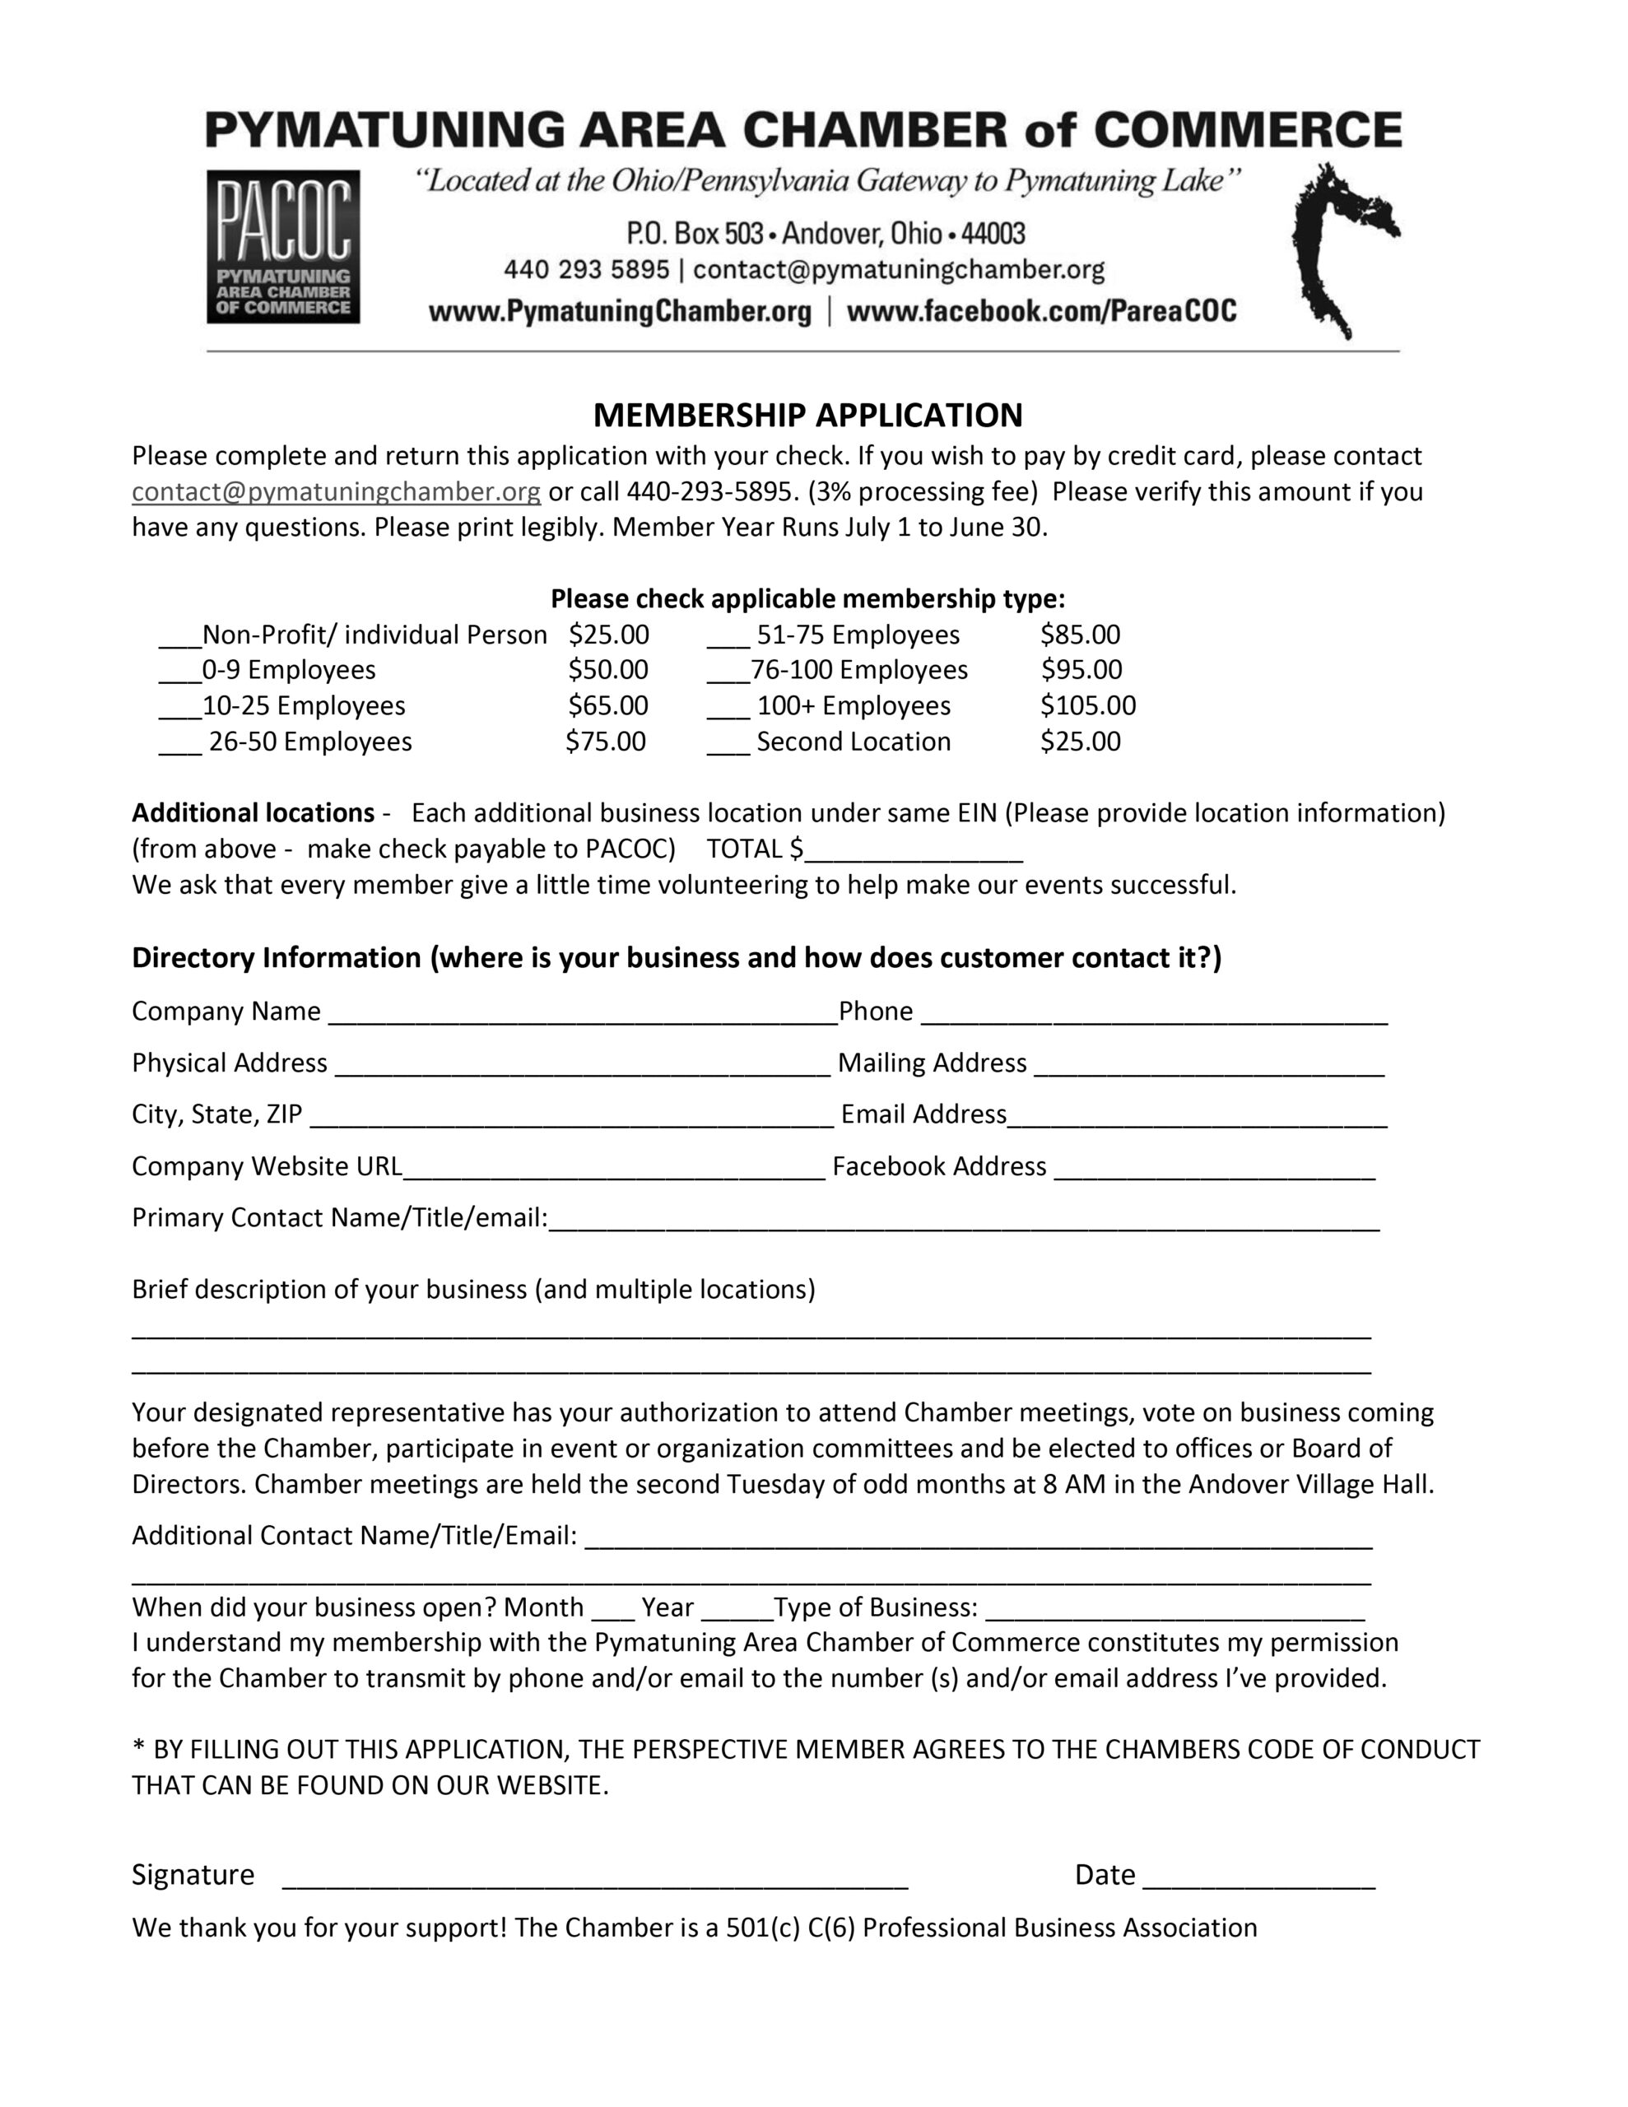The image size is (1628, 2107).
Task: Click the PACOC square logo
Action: (283, 246)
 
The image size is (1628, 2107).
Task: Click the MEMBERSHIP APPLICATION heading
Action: (807, 415)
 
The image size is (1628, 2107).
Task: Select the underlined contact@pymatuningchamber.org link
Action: (336, 492)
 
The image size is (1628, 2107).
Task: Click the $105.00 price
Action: (1087, 706)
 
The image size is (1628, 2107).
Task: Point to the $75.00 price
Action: (605, 742)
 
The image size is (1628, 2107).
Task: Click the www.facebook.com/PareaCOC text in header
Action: (1041, 312)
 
